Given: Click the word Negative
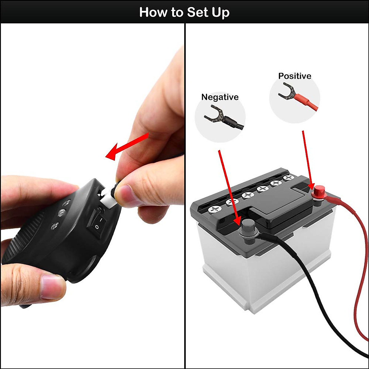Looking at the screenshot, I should (220, 97).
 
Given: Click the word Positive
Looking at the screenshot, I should (295, 76).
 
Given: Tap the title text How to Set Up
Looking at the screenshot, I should (184, 12).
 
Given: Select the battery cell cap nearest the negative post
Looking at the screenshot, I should (215, 210).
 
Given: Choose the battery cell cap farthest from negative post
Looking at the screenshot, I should (288, 178).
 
